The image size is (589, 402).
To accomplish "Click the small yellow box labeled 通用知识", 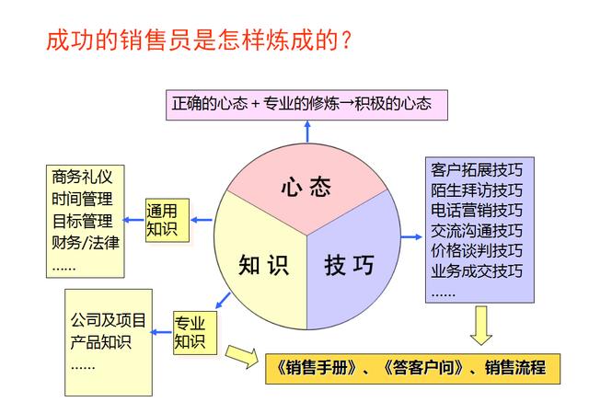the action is pyautogui.click(x=167, y=221).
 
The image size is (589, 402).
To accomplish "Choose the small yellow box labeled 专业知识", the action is pyautogui.click(x=195, y=333).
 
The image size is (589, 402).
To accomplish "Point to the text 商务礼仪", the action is pyautogui.click(x=82, y=177).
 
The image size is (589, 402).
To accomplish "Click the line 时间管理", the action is pyautogui.click(x=82, y=199).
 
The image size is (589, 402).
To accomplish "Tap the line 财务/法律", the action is pyautogui.click(x=86, y=243).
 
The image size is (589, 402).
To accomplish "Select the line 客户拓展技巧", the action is pyautogui.click(x=477, y=169).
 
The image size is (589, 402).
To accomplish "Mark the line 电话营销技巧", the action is pyautogui.click(x=477, y=210).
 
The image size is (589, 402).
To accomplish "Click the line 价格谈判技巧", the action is pyautogui.click(x=477, y=250).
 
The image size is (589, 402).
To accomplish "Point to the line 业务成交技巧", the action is pyautogui.click(x=477, y=270).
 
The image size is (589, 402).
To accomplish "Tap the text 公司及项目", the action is pyautogui.click(x=108, y=320).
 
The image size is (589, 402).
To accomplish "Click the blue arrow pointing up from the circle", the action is pyautogui.click(x=307, y=132).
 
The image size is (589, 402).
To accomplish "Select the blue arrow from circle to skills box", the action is pyautogui.click(x=411, y=236).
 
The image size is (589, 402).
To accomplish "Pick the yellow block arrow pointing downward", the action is pyautogui.click(x=480, y=325).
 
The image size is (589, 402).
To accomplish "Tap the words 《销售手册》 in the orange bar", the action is pyautogui.click(x=317, y=368).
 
